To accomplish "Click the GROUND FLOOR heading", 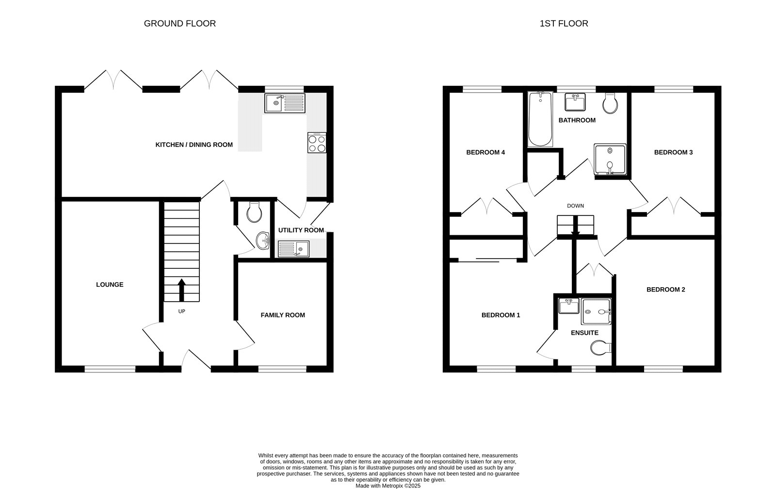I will tap(179, 23).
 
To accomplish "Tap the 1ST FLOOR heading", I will tap(564, 23).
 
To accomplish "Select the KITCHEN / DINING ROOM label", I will tap(194, 145).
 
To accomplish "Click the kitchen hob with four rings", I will tap(317, 143).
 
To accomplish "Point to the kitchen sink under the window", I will tap(285, 103).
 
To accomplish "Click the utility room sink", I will tap(294, 249).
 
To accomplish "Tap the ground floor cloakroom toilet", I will tap(254, 212).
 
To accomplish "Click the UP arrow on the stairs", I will tap(182, 290).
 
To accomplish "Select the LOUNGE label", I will tap(110, 285).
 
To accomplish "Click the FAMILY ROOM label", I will tap(283, 315).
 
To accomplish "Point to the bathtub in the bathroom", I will tap(540, 119).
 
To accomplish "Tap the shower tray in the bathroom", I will tap(610, 160).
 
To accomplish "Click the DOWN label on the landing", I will tap(575, 206).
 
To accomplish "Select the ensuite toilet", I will tap(601, 348).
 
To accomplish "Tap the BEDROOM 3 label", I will tap(673, 152).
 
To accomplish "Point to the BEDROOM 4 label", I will tap(485, 152).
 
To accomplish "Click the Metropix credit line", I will tap(388, 485).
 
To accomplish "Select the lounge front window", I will tap(110, 370).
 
